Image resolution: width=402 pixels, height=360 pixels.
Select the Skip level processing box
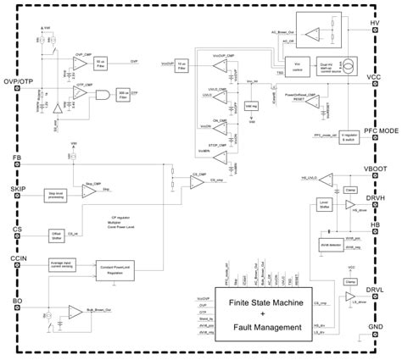tap(58, 196)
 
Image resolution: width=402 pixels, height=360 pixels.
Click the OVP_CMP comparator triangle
tap(81, 60)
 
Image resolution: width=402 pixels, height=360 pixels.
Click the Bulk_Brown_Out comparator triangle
tap(76, 312)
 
